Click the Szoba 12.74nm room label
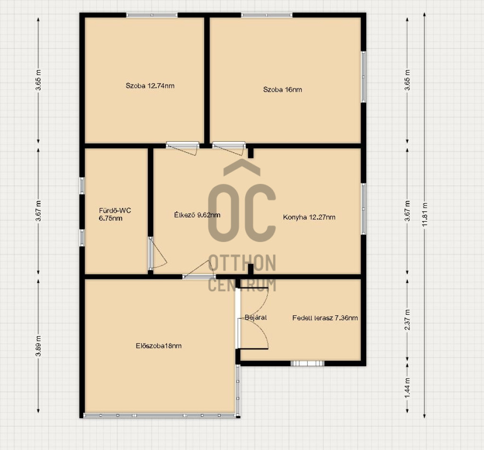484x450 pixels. pyautogui.click(x=150, y=86)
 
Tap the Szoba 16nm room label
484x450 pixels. pyautogui.click(x=283, y=90)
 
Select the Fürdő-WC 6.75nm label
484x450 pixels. pyautogui.click(x=115, y=215)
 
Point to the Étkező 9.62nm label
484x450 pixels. pyautogui.click(x=197, y=215)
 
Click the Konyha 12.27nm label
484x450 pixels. pyautogui.click(x=309, y=217)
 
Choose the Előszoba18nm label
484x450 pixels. pyautogui.click(x=159, y=346)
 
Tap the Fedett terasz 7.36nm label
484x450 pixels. pyautogui.click(x=325, y=318)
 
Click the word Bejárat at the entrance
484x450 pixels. pyautogui.click(x=256, y=318)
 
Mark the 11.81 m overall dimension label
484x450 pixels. pyautogui.click(x=425, y=215)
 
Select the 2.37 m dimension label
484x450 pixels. pyautogui.click(x=407, y=320)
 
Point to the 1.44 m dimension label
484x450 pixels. pyautogui.click(x=407, y=388)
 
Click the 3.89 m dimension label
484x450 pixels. pyautogui.click(x=38, y=346)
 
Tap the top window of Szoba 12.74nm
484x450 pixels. pyautogui.click(x=152, y=15)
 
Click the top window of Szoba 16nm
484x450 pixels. pyautogui.click(x=267, y=15)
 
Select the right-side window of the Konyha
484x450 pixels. pyautogui.click(x=363, y=209)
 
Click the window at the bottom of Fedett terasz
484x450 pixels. pyautogui.click(x=307, y=363)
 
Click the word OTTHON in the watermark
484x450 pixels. pyautogui.click(x=242, y=263)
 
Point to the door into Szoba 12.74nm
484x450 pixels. pyautogui.click(x=182, y=147)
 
